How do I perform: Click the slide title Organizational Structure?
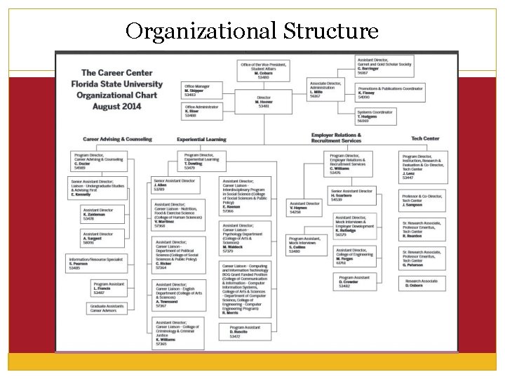(x=252, y=32)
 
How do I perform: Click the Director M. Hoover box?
(x=264, y=101)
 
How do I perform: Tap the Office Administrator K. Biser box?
(x=201, y=110)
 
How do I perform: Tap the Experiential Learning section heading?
(x=201, y=139)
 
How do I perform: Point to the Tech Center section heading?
(x=425, y=138)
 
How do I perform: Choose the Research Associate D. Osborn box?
(x=423, y=283)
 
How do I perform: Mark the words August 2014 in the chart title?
(x=112, y=107)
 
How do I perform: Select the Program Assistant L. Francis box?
(x=107, y=288)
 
